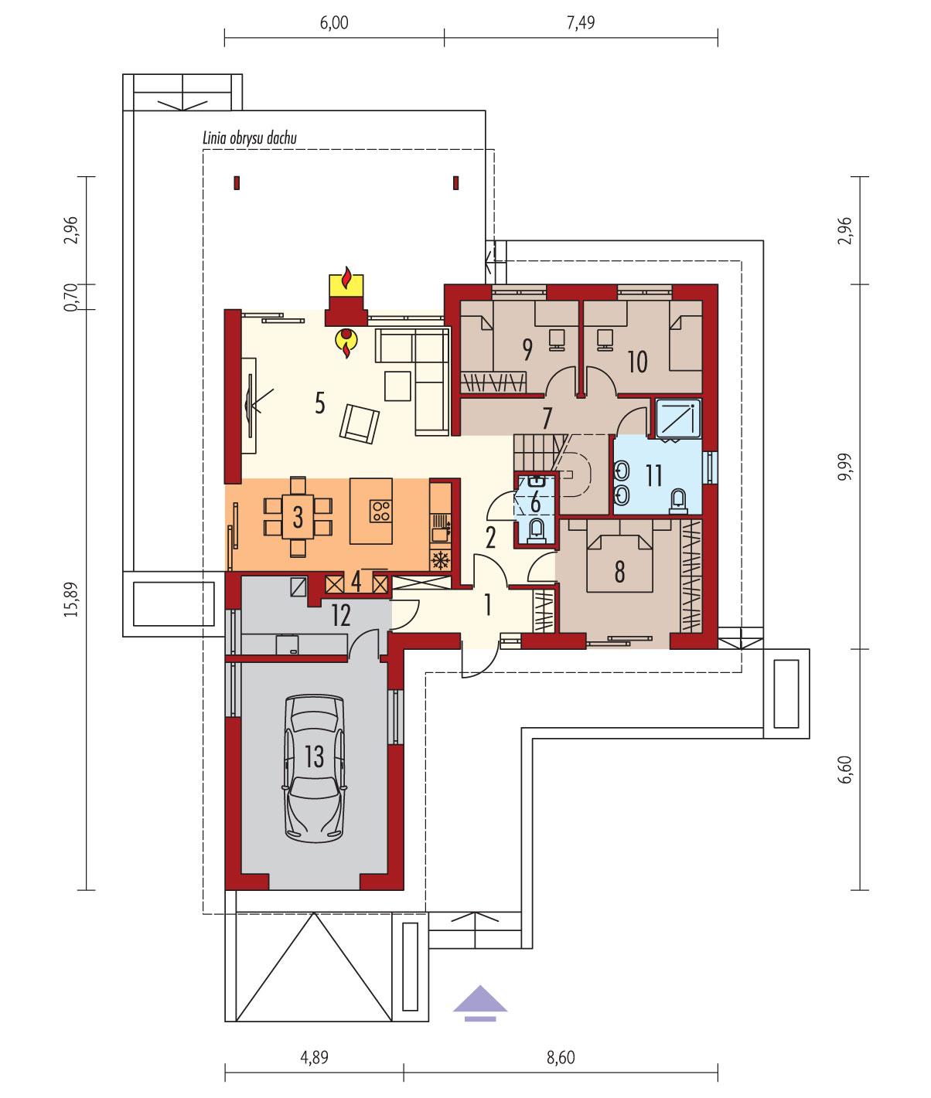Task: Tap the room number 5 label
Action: [319, 403]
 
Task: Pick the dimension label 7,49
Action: [581, 23]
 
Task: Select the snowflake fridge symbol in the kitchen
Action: [441, 560]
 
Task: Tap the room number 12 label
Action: [341, 615]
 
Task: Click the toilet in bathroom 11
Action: [678, 499]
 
